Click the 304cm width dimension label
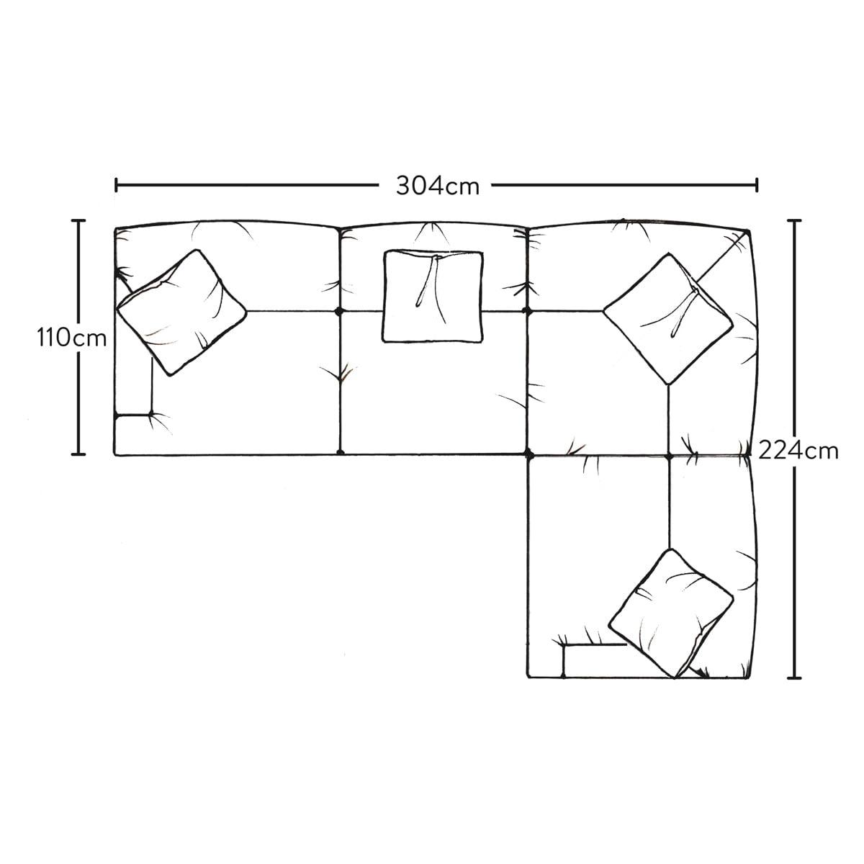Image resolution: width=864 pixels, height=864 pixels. [438, 186]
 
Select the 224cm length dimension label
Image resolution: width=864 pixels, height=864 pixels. [798, 451]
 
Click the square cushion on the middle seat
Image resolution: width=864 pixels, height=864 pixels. [433, 297]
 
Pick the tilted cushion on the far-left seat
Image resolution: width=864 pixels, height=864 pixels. [181, 312]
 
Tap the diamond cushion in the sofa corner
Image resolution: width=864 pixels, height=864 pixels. [668, 319]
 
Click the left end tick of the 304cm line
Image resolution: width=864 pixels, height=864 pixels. [117, 185]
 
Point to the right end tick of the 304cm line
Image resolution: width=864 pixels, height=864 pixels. [757, 185]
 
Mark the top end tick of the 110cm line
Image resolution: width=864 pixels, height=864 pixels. [78, 220]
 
